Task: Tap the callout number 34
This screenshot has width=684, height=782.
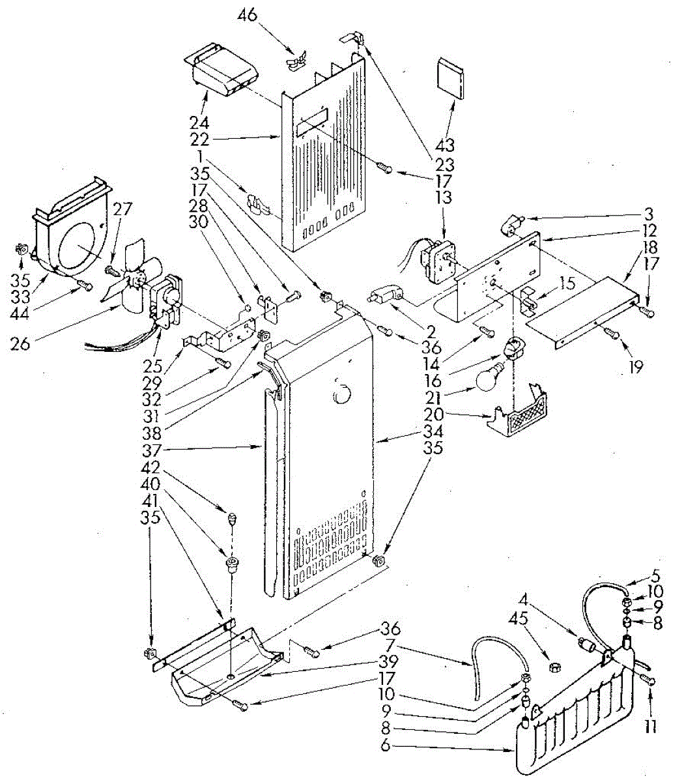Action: (x=433, y=431)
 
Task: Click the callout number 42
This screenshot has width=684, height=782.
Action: (x=151, y=467)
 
